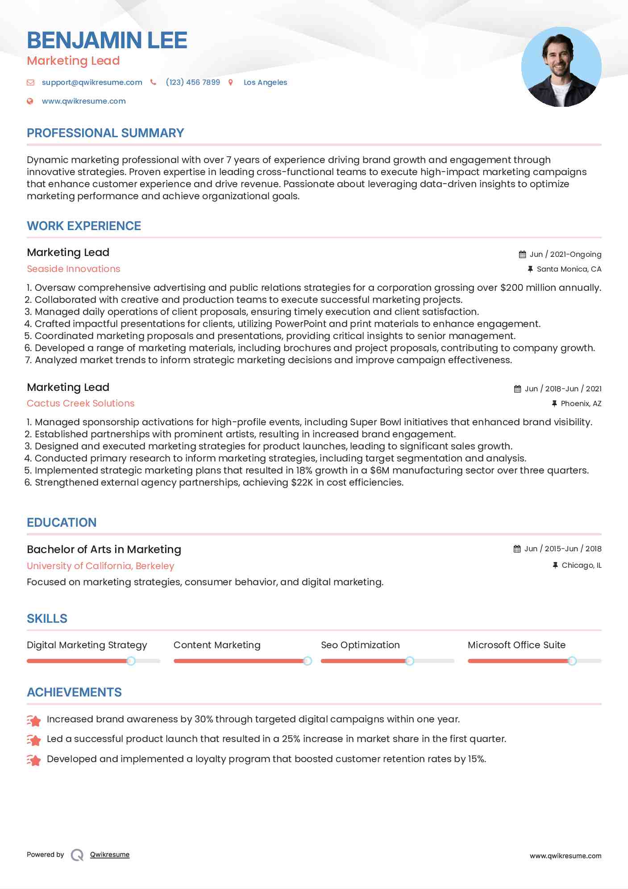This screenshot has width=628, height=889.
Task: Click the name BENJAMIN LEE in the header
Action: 107,40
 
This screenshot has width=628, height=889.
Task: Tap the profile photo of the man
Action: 561,67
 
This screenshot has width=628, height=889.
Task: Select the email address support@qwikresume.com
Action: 92,82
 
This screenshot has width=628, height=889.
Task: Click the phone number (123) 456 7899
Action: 193,82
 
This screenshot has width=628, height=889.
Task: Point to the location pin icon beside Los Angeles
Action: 231,82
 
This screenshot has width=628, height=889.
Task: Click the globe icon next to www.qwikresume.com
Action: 30,101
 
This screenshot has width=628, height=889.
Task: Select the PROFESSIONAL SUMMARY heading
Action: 105,133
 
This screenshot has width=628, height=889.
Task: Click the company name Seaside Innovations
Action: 74,269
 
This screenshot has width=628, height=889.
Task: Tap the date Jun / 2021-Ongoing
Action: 565,254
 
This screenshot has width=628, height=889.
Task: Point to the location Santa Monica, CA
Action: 569,269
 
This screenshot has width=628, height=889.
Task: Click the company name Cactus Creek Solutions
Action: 80,403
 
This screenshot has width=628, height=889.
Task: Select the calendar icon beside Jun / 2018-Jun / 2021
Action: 517,389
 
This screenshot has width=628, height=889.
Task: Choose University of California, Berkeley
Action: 100,566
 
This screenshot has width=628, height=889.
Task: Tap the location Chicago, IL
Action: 581,565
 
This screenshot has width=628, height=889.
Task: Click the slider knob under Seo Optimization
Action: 409,661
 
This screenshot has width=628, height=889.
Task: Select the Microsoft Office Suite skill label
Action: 516,645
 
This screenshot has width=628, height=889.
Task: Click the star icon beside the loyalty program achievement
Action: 34,760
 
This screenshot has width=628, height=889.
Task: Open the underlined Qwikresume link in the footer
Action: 110,855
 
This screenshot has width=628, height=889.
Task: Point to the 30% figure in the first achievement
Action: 204,719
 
